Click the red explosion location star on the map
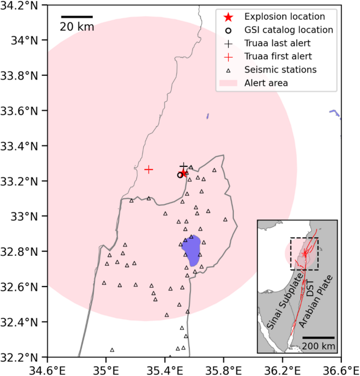pos(184,173)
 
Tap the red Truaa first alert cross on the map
pos(149,169)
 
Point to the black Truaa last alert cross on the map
pos(184,166)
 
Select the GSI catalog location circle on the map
pos(180,175)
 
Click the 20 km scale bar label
pos(77,26)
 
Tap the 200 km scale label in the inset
pos(318,346)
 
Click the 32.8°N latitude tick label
pos(20,251)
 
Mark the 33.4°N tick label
pos(20,146)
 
